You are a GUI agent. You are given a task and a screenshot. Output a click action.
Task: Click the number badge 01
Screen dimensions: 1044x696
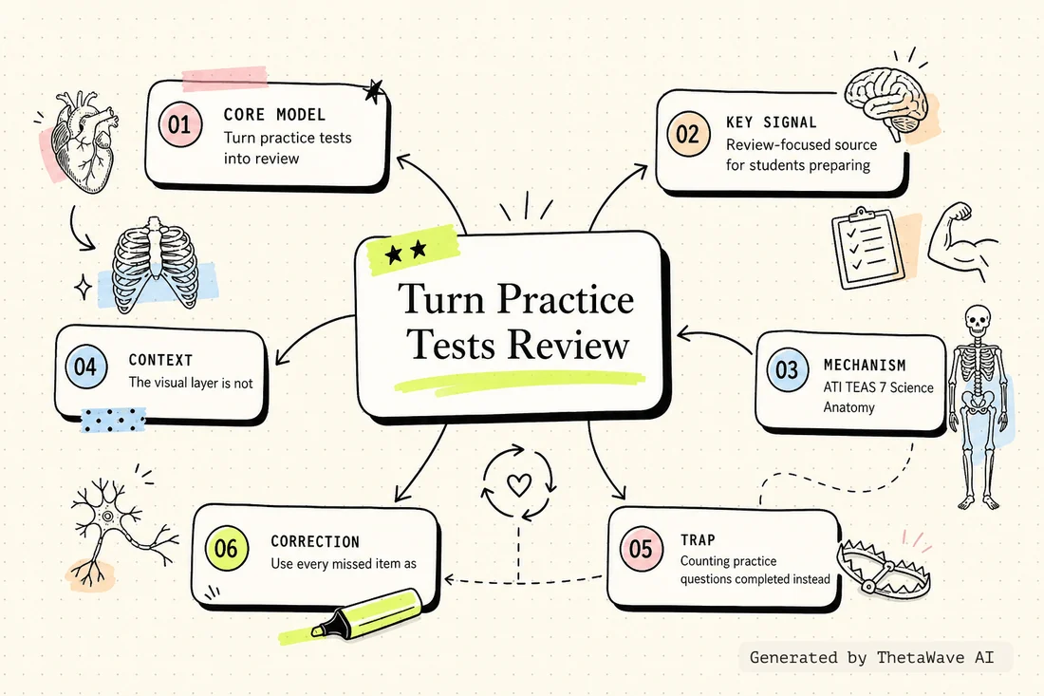(179, 124)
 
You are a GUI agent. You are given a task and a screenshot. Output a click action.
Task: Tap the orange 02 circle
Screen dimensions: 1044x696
(688, 134)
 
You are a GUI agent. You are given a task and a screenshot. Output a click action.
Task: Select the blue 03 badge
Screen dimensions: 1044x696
(787, 369)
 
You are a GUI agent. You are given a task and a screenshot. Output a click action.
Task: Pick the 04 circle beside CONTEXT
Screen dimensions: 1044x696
(85, 367)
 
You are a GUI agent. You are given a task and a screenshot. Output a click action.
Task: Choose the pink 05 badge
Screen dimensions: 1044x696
(641, 549)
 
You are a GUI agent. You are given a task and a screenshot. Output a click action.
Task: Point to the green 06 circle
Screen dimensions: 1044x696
(227, 548)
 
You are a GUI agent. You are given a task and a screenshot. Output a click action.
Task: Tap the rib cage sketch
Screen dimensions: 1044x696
(154, 265)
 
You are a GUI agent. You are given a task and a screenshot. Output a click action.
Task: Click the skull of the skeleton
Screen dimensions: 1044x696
(977, 321)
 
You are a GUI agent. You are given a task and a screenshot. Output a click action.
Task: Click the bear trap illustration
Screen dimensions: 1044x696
(883, 566)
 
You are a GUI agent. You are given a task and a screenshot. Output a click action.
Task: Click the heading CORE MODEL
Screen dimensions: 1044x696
(274, 115)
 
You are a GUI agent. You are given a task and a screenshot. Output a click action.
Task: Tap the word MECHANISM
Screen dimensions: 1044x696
(865, 365)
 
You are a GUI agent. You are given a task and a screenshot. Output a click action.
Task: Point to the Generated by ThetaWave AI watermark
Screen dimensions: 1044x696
(871, 657)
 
